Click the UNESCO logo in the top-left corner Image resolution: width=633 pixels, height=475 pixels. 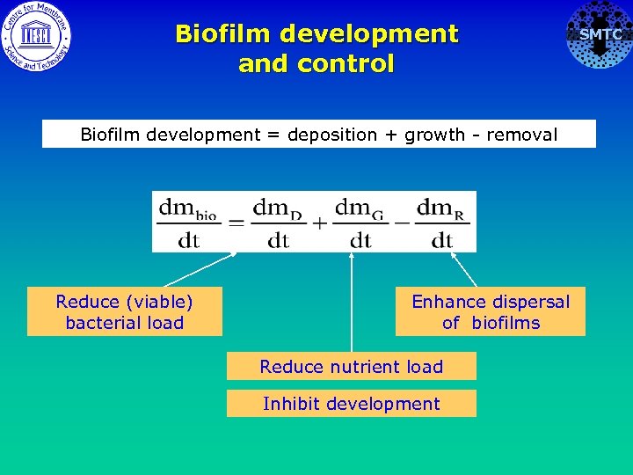click(x=36, y=36)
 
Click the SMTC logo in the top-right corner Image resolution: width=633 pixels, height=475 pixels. click(x=599, y=35)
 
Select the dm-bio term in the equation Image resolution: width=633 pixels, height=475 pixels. click(x=187, y=222)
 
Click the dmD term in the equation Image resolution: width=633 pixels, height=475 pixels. click(x=278, y=222)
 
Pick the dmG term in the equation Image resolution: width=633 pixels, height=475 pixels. click(x=360, y=222)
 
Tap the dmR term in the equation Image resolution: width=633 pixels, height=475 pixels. click(x=441, y=222)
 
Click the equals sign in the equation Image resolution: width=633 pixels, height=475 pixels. click(x=235, y=223)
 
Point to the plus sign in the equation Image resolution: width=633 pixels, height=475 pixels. click(x=318, y=223)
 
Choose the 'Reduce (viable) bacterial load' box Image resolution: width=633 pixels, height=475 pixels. click(x=125, y=312)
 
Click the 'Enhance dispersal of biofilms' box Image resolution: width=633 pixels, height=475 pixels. click(x=491, y=312)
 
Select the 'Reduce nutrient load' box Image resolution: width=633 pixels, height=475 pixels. click(x=352, y=367)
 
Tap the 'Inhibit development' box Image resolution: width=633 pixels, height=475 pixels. click(x=352, y=404)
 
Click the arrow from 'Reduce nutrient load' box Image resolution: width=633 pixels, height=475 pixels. click(x=352, y=299)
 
